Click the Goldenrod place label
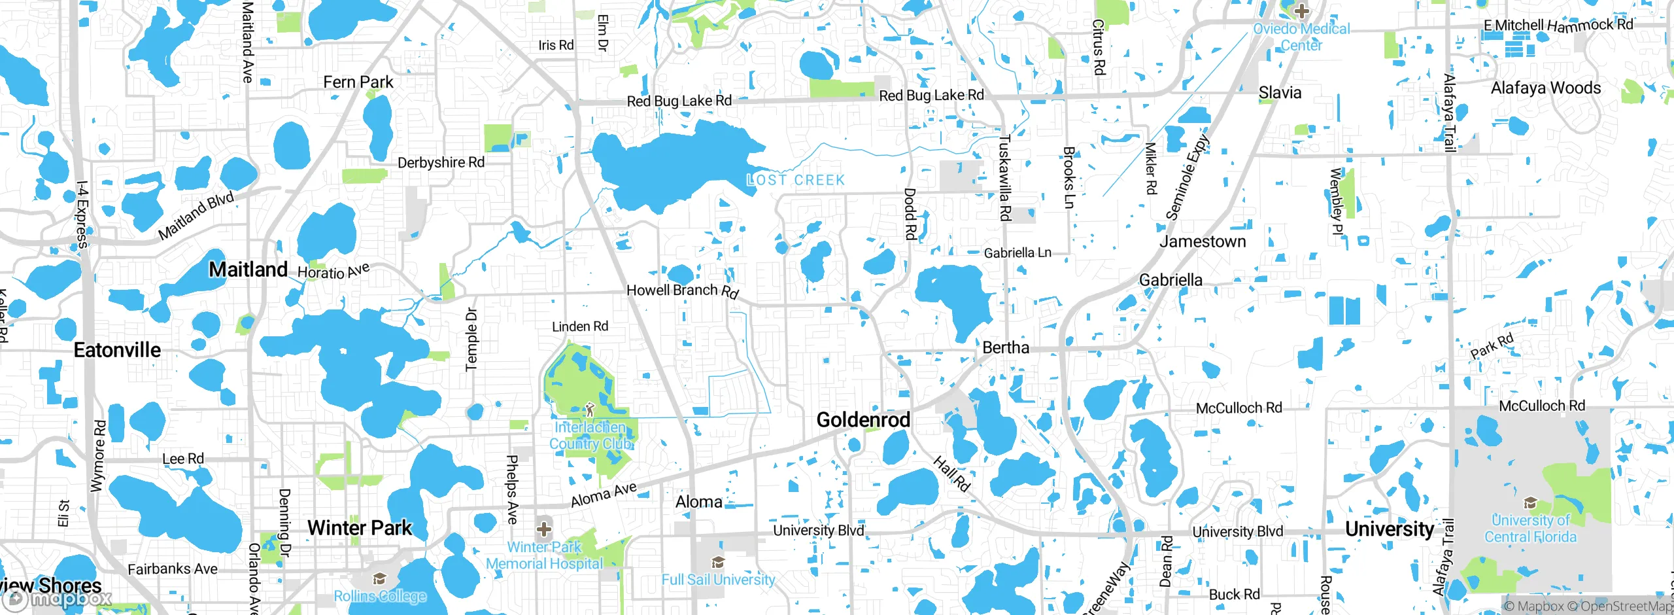point(863,420)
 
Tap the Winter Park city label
point(360,527)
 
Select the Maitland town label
point(248,269)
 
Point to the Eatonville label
point(117,350)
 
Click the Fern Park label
point(358,82)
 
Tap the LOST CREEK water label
point(796,180)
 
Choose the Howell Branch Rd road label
point(683,291)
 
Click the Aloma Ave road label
point(604,495)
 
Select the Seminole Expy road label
point(1187,177)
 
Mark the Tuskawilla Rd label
point(1005,177)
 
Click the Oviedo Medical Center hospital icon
point(1301,10)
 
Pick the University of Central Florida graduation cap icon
point(1530,503)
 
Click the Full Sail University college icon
point(718,563)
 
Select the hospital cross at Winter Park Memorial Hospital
point(544,529)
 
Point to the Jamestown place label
point(1203,241)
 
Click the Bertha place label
point(1006,347)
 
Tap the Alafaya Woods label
point(1546,88)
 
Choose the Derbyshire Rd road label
point(441,162)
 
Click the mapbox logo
point(58,598)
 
